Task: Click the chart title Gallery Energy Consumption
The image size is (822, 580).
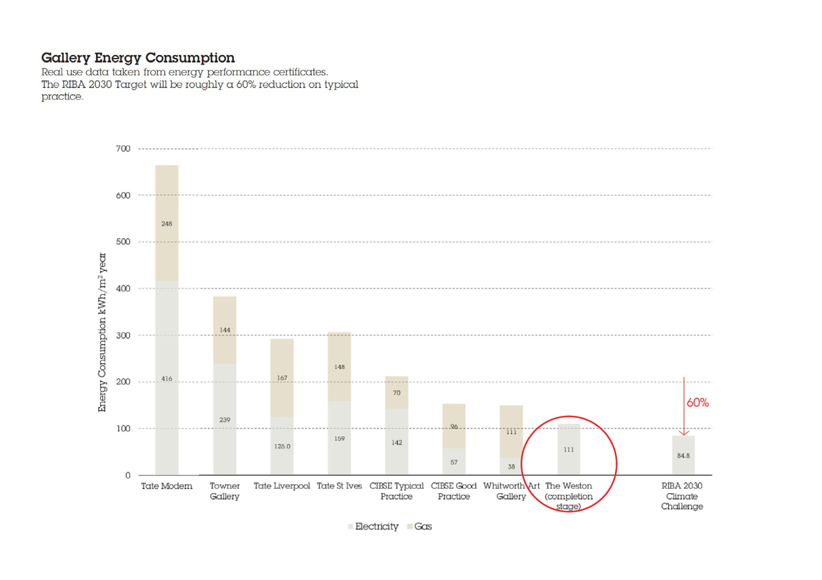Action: [x=138, y=58]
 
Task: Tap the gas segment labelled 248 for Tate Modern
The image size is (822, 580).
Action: [x=166, y=223]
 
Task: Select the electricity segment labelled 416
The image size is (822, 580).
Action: [x=166, y=378]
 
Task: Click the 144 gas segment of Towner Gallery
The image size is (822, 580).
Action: [x=224, y=330]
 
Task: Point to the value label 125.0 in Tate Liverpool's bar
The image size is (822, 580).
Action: [x=282, y=446]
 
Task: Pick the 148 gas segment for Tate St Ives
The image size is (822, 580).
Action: [x=339, y=367]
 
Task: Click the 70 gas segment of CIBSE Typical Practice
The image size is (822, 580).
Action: [x=396, y=392]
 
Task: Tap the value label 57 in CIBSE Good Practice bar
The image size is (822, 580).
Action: [x=453, y=462]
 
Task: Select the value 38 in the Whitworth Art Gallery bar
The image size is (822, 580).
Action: [x=511, y=467]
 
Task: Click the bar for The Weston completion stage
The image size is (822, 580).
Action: [x=569, y=449]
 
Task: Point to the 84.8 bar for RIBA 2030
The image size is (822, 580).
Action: [x=683, y=455]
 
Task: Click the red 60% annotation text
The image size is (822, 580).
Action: [x=697, y=403]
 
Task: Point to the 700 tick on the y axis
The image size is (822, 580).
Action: [x=123, y=149]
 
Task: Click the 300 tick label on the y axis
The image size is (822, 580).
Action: [x=123, y=335]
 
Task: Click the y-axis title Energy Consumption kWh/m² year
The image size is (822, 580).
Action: [x=102, y=332]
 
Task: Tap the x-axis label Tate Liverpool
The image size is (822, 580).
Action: [x=282, y=486]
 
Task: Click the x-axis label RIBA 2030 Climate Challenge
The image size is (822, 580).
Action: [x=682, y=496]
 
